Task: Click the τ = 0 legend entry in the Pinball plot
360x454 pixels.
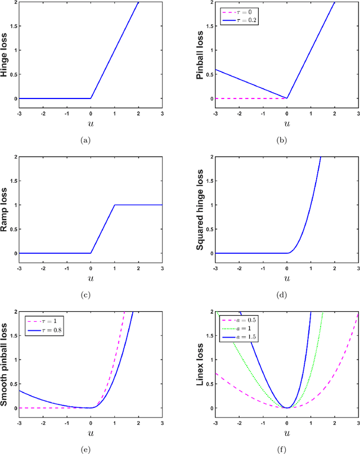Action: coord(241,11)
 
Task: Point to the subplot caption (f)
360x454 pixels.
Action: coord(287,449)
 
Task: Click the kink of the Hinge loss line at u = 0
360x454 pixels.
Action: coord(91,98)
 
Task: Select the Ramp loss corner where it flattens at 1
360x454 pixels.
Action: coord(115,205)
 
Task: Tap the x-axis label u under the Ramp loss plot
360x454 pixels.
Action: coord(91,277)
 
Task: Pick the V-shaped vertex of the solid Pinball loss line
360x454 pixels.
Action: coord(287,98)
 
